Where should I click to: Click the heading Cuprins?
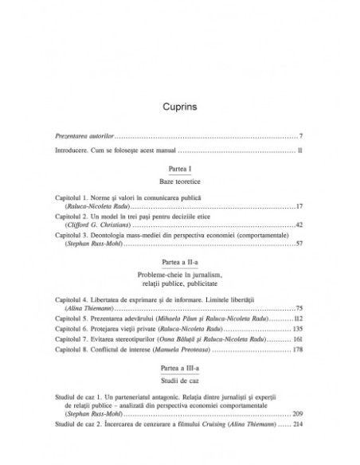180,105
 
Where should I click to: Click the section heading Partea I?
180,170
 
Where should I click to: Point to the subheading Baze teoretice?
180,182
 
